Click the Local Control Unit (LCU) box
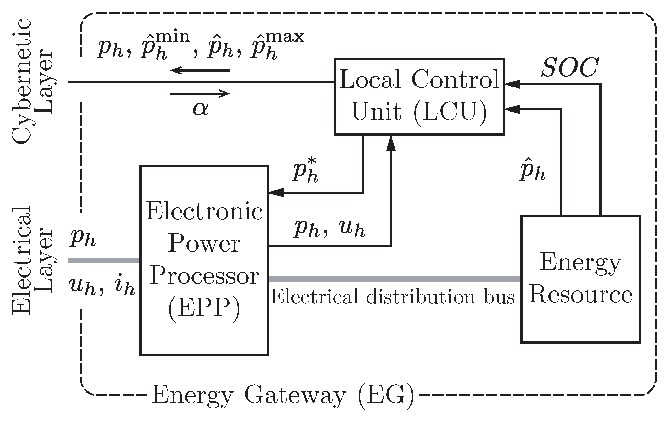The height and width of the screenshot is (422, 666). tap(419, 97)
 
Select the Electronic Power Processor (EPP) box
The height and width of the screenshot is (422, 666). tap(204, 260)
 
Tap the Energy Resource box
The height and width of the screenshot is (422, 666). tap(580, 279)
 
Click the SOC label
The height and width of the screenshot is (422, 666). tap(569, 68)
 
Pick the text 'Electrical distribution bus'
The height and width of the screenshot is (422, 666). tap(392, 297)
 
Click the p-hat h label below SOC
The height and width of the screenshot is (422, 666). tap(532, 173)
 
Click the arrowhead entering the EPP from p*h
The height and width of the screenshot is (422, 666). tap(275, 193)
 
